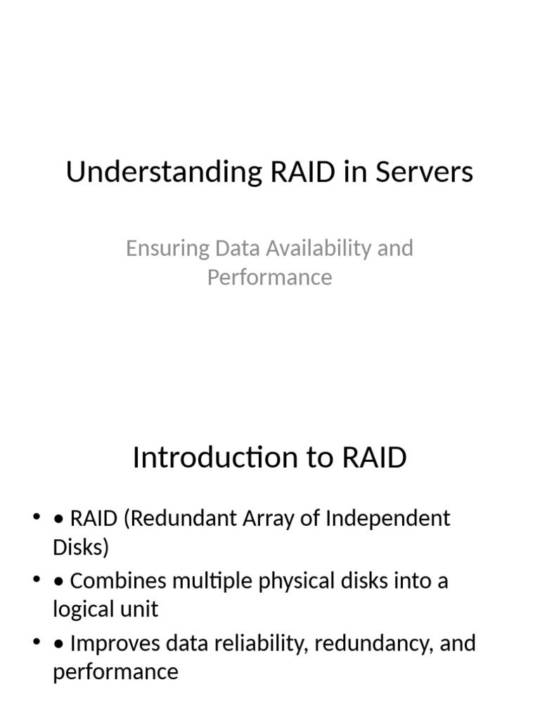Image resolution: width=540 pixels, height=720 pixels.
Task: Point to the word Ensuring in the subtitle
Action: coord(167,248)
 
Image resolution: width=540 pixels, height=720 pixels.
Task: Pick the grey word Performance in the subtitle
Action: coord(269,276)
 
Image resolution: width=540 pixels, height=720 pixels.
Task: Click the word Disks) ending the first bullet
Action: coord(81,547)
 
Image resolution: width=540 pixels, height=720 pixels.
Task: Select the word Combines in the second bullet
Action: coord(118,581)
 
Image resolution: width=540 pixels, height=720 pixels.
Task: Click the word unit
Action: coord(138,609)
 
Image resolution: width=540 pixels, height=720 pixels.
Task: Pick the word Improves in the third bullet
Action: coord(117,643)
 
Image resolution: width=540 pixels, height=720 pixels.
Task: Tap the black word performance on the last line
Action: coord(115,671)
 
